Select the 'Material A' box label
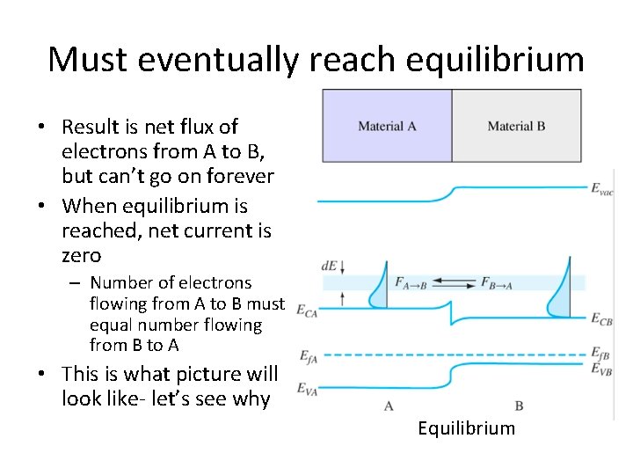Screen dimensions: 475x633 [387, 127]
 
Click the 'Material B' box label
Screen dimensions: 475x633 [516, 127]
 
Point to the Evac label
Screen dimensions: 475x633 [602, 187]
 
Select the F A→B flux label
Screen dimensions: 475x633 [411, 282]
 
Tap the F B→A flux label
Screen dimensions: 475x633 [498, 282]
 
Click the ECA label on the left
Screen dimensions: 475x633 [307, 310]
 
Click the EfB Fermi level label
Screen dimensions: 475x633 [601, 354]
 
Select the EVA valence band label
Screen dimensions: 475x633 [307, 388]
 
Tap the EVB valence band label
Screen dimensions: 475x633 [601, 370]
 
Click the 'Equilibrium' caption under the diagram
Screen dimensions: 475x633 [466, 428]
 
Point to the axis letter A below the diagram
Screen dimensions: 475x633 [389, 406]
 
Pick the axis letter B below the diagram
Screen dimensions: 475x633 [519, 406]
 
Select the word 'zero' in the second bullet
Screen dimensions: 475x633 [82, 256]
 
